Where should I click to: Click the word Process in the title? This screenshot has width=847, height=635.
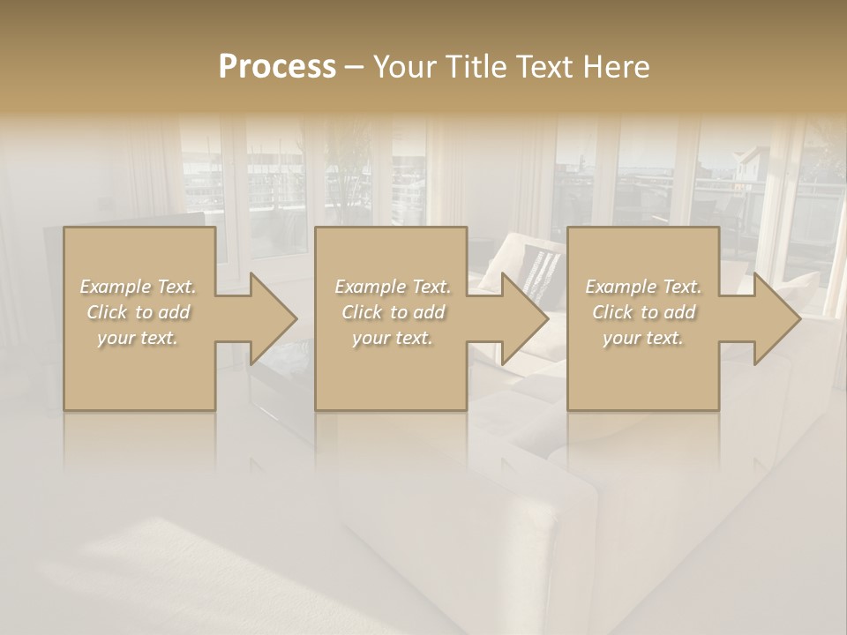(x=277, y=67)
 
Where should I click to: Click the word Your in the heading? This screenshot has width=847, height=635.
(x=406, y=67)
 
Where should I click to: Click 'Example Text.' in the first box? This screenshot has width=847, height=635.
(x=138, y=287)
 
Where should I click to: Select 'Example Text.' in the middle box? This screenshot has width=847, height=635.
(x=393, y=287)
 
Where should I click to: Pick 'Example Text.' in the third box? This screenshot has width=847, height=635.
(x=643, y=287)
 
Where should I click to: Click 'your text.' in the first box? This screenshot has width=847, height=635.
(x=138, y=338)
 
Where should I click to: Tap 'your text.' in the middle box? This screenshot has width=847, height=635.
(x=393, y=338)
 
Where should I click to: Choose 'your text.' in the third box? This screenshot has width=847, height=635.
(x=643, y=338)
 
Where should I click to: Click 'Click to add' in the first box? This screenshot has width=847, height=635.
(x=138, y=312)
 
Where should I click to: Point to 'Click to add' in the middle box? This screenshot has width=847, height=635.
(x=393, y=312)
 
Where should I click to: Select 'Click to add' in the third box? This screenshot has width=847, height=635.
(x=643, y=312)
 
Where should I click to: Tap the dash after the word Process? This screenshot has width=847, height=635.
(x=354, y=68)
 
